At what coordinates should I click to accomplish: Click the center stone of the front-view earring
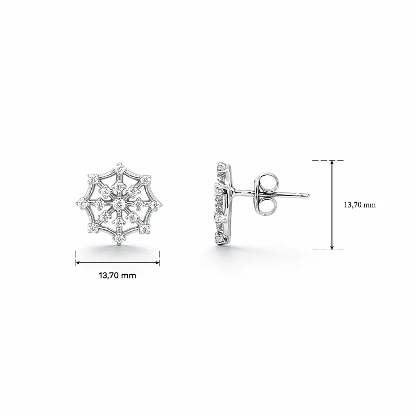[119, 204]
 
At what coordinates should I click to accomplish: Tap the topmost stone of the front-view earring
[120, 168]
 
